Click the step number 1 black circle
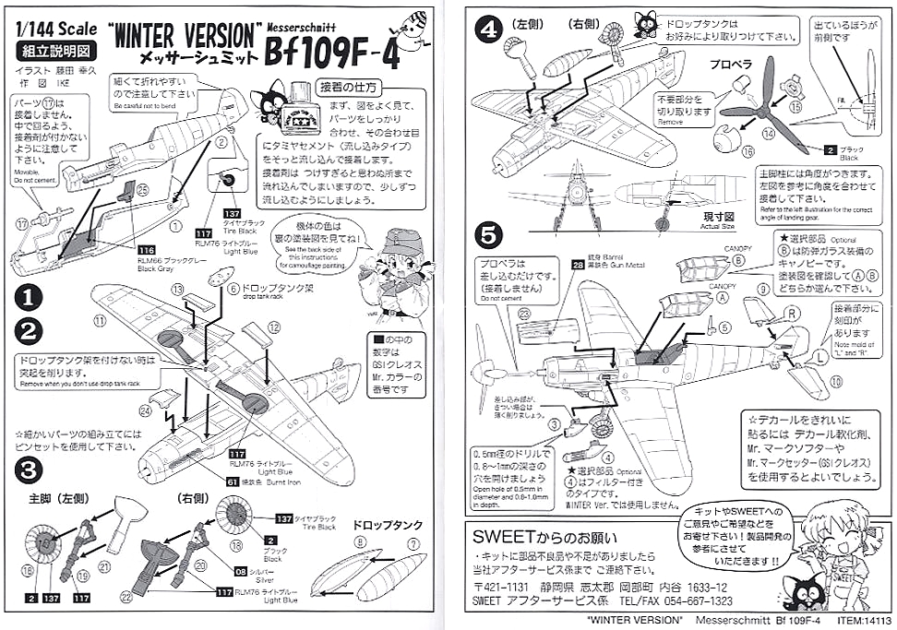point(29,297)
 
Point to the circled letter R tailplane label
point(792,313)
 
